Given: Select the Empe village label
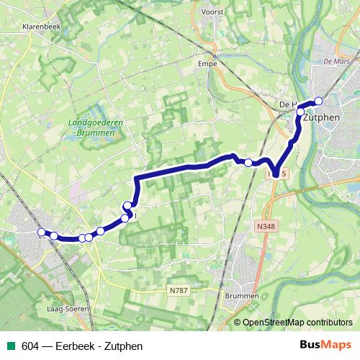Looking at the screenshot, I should click(x=207, y=63).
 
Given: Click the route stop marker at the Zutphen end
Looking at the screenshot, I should click(x=319, y=101).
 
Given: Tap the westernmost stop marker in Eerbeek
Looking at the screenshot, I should click(x=41, y=232).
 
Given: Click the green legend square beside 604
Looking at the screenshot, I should click(x=11, y=346).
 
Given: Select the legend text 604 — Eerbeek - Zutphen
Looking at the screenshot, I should click(x=82, y=346).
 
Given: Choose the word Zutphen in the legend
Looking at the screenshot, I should click(x=125, y=346).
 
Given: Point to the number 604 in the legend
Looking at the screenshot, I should click(x=31, y=346).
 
